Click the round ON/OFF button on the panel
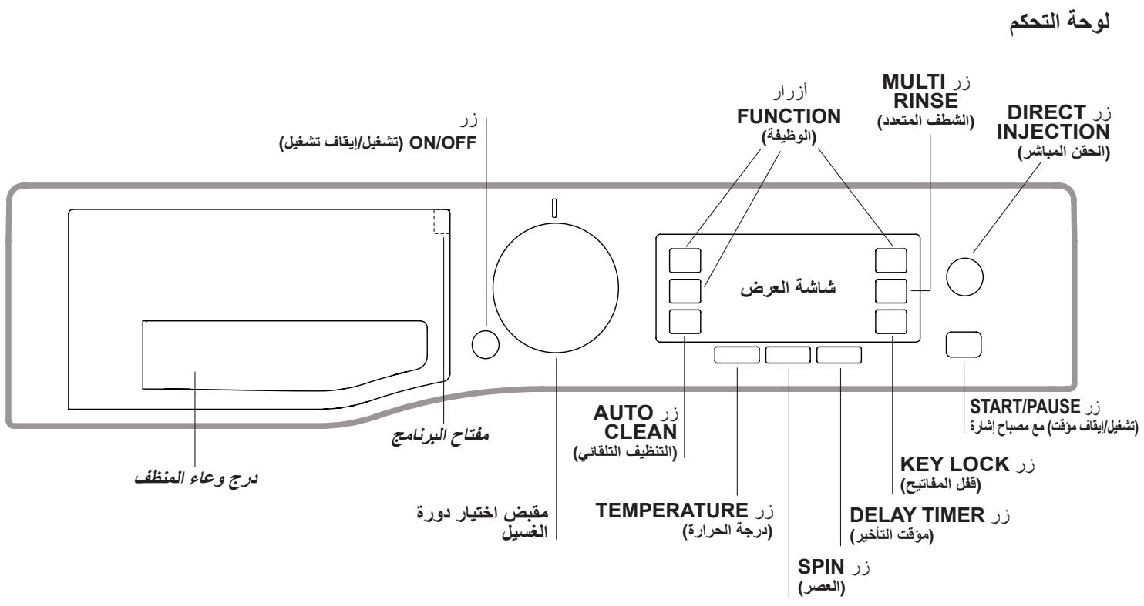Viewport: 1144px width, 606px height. coord(485,345)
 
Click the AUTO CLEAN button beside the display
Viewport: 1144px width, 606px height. coord(685,322)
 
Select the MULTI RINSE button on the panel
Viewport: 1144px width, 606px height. coord(892,291)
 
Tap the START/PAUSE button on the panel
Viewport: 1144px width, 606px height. coord(964,344)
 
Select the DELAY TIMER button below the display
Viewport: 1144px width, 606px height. coord(839,355)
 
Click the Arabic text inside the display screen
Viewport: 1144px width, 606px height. coord(788,289)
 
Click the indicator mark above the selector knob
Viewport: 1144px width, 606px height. coord(553,208)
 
